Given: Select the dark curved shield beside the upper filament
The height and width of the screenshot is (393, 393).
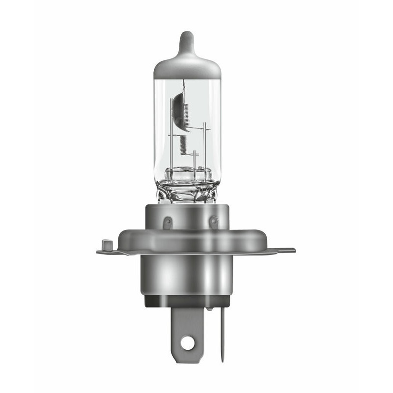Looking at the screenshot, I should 177,111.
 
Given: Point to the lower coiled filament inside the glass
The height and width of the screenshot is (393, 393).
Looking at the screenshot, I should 183,144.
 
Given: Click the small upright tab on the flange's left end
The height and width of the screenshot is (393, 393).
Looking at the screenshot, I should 105,244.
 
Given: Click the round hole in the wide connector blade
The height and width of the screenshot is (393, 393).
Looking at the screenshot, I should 187,343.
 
